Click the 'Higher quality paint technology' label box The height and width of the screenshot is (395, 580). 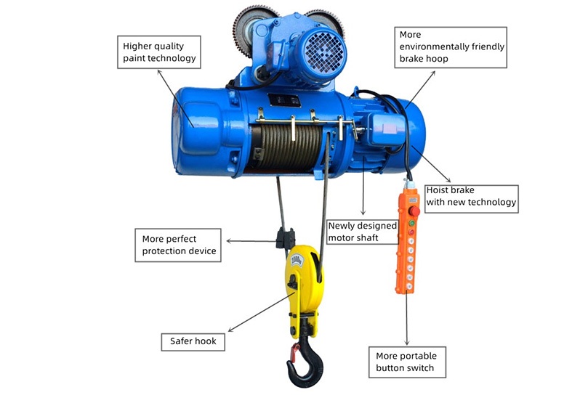159,52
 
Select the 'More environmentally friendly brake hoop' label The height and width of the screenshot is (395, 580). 451,47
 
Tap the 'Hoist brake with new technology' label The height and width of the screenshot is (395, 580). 471,199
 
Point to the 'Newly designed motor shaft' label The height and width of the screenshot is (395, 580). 363,232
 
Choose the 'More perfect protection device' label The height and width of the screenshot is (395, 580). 178,245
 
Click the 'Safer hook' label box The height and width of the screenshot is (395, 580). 193,342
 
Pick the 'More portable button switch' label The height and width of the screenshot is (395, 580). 407,362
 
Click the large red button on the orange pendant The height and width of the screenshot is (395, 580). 414,211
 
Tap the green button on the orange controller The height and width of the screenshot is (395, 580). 411,223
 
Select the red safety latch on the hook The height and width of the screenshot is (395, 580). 295,352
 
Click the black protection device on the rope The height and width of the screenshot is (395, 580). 285,238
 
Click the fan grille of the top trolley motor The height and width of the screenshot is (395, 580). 324,52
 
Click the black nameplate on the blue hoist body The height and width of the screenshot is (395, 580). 284,100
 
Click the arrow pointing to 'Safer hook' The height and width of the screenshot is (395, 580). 261,312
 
